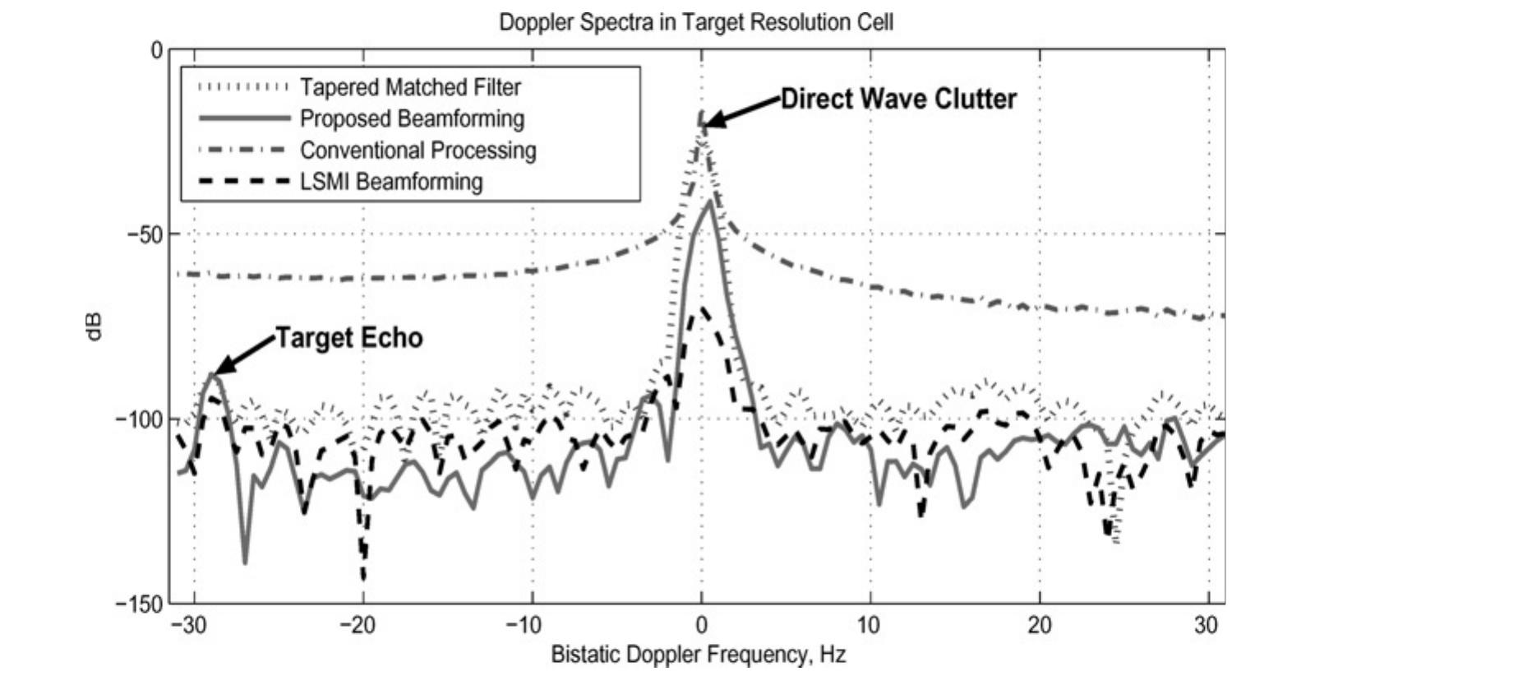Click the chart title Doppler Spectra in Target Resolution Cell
(x=695, y=22)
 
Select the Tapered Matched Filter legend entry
(x=409, y=87)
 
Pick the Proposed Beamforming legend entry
(x=411, y=118)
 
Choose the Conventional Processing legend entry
(x=418, y=150)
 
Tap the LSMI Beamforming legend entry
(x=390, y=182)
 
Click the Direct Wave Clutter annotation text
(x=897, y=100)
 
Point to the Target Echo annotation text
(x=348, y=338)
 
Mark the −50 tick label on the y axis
(x=144, y=235)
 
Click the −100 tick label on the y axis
(x=139, y=419)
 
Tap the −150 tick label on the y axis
(x=139, y=604)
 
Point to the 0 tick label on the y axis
(x=156, y=51)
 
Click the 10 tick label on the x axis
(x=869, y=626)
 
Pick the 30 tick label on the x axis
(x=1206, y=626)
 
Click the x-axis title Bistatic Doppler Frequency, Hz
(x=698, y=655)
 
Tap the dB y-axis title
(x=95, y=326)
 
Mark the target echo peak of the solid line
(x=213, y=375)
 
